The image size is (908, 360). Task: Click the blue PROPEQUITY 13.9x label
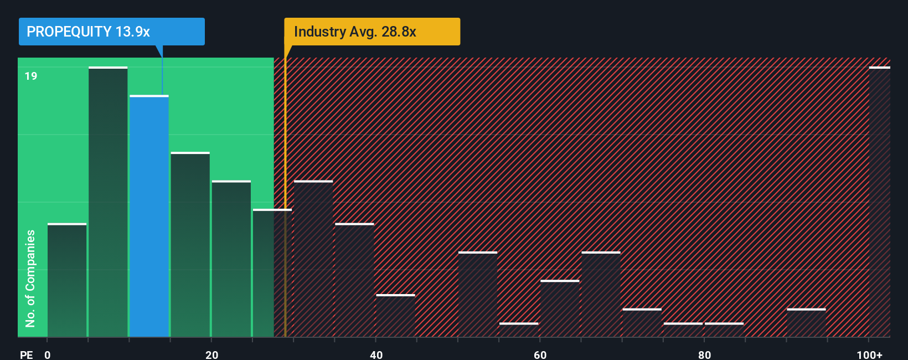(x=111, y=32)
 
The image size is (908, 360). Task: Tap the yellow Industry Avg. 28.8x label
(x=372, y=32)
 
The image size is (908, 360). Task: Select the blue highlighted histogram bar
(x=149, y=216)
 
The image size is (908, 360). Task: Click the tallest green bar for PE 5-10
(x=108, y=202)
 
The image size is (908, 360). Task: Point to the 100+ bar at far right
(x=879, y=202)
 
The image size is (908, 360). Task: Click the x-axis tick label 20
(x=211, y=354)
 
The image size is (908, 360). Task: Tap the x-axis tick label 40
(x=376, y=354)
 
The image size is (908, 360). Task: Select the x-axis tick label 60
(x=540, y=354)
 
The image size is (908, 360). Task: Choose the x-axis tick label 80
(x=704, y=354)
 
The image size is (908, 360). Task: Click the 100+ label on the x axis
(x=869, y=354)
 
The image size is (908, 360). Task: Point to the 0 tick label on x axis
(x=48, y=354)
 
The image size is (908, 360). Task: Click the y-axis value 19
(x=31, y=76)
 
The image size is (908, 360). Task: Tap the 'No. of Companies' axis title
(x=30, y=278)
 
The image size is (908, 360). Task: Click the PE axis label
(x=26, y=354)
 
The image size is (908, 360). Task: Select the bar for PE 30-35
(x=313, y=259)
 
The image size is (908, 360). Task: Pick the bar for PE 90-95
(x=806, y=323)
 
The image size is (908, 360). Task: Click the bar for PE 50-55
(x=478, y=294)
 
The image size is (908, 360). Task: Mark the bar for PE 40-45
(x=395, y=316)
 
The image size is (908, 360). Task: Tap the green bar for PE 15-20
(x=190, y=244)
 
